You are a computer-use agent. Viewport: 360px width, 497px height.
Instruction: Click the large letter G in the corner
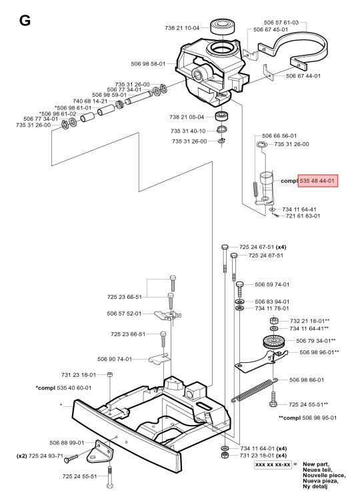pos(25,21)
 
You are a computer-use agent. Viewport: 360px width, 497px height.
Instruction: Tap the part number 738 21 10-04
pos(182,27)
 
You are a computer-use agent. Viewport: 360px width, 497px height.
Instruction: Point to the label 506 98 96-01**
pos(319,352)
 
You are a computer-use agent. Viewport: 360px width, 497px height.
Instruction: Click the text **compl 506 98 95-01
pos(309,418)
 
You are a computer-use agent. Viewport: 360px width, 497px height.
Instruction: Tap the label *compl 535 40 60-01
pos(63,388)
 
